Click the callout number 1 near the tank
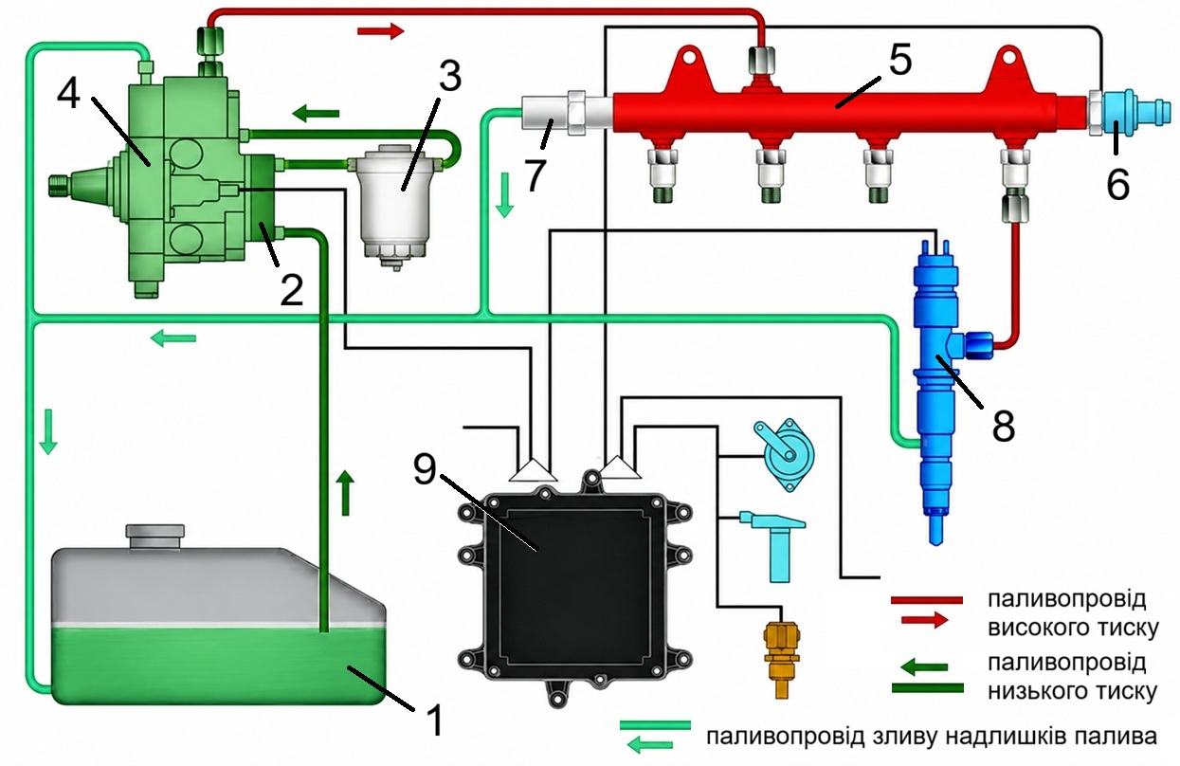tap(434, 720)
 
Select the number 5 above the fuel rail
tap(899, 60)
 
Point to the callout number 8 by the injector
tap(1003, 426)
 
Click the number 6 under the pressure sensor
tap(1117, 184)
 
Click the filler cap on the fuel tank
tap(154, 538)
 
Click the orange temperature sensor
tap(781, 660)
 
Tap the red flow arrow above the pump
tap(380, 31)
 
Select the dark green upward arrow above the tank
tap(345, 493)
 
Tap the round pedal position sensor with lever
tap(785, 454)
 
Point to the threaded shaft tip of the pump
tap(59, 186)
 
